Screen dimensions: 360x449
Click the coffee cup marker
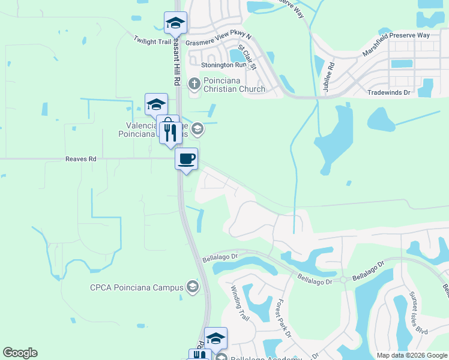click(186, 159)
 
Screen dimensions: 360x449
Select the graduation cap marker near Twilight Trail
click(176, 23)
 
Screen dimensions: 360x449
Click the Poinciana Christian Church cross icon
click(194, 83)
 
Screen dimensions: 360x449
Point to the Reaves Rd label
click(80, 159)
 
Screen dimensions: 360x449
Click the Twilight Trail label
click(152, 40)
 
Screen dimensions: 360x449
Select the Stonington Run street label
click(224, 65)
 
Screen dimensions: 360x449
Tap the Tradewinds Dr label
click(389, 92)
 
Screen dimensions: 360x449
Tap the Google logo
click(20, 353)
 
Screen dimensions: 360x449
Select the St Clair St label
click(247, 56)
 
